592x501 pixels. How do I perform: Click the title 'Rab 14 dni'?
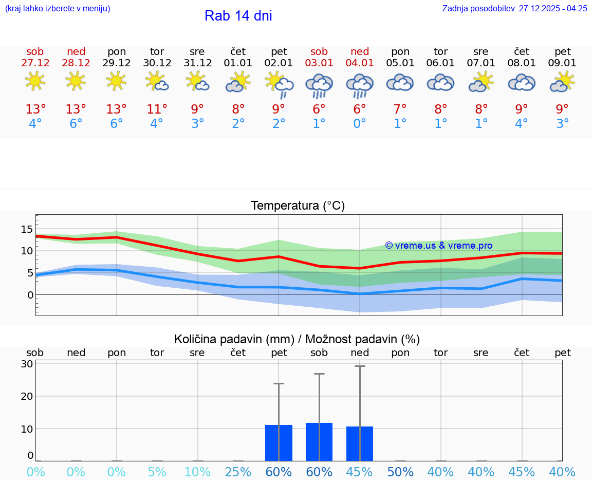[x=238, y=16]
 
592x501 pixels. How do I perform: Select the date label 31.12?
[x=197, y=63]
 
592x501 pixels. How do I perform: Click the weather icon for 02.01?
[x=279, y=84]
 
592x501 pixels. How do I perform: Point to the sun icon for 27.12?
[x=35, y=81]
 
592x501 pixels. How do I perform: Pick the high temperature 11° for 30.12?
[x=157, y=109]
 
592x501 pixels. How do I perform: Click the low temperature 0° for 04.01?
[x=360, y=124]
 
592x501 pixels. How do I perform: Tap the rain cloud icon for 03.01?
[x=319, y=85]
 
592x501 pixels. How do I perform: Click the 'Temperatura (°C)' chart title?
[x=298, y=206]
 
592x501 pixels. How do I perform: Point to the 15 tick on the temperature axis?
[x=27, y=229]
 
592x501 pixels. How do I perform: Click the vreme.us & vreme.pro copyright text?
[x=438, y=246]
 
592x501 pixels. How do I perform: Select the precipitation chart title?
[x=297, y=339]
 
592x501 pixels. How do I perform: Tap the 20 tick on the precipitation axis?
[x=27, y=396]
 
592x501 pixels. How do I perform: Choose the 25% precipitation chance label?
[x=238, y=472]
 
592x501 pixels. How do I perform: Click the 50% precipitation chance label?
[x=400, y=472]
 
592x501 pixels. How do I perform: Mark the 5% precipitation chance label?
[x=157, y=472]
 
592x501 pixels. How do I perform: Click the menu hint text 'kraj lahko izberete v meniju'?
[x=58, y=9]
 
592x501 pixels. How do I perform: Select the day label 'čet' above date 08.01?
[x=522, y=51]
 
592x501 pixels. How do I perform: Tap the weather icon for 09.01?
[x=562, y=82]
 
